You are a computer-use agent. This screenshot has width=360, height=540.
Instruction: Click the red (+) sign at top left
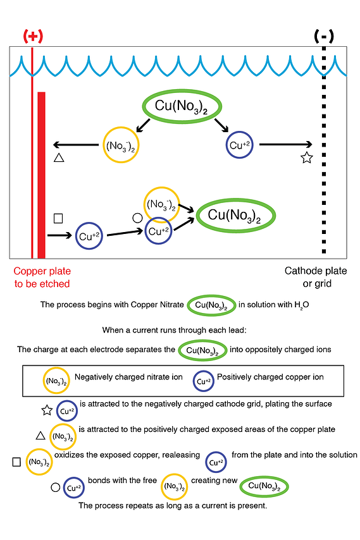[33, 36]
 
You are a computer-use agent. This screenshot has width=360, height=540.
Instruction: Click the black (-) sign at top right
[324, 36]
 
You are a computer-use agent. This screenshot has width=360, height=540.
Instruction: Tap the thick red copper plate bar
[41, 175]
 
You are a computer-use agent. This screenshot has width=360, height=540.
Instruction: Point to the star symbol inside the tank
[307, 157]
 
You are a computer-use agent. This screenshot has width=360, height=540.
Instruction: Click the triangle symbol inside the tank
[59, 157]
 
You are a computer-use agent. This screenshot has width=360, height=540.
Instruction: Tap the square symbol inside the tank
[58, 218]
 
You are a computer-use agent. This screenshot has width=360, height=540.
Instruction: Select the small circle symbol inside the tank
[137, 218]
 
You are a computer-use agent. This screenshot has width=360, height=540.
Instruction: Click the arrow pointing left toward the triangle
[76, 145]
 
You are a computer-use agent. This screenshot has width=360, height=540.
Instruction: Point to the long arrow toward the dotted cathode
[285, 145]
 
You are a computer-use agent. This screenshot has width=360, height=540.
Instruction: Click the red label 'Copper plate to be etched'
[42, 277]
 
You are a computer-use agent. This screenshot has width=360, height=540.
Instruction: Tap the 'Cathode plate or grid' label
[316, 277]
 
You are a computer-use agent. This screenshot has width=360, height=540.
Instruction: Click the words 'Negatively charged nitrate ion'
[128, 377]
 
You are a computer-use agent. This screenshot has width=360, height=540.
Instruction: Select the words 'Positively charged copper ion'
[270, 377]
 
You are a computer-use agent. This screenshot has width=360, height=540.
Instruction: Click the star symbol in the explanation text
[47, 410]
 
